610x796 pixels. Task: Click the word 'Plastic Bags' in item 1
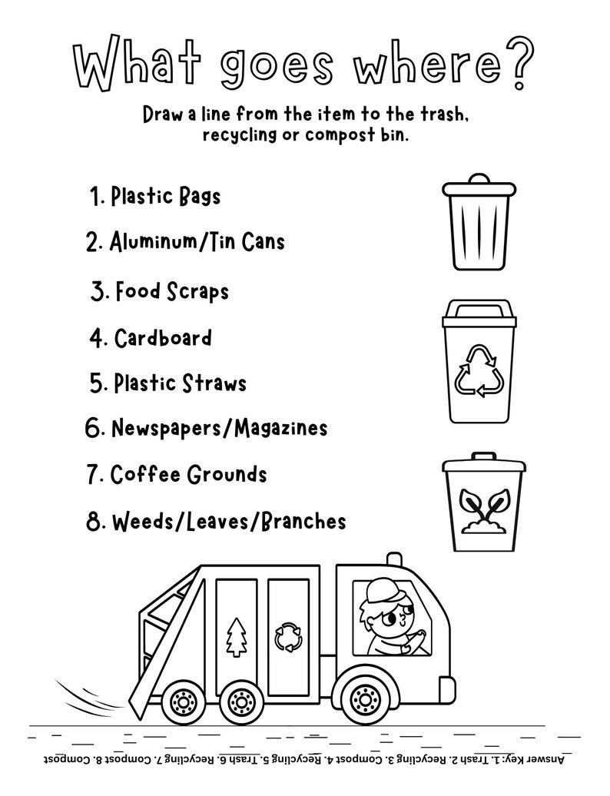tap(165, 197)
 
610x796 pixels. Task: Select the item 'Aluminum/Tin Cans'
tap(197, 242)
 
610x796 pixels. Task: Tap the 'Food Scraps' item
tap(171, 291)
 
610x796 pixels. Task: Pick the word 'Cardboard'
tap(163, 338)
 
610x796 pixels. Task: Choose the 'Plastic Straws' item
tap(180, 383)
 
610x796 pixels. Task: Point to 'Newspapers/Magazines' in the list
tap(219, 428)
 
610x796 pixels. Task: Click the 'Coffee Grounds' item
tap(188, 474)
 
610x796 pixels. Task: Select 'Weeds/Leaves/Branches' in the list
tap(228, 522)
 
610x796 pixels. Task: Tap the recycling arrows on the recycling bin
tap(479, 370)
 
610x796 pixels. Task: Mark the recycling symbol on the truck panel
tap(288, 635)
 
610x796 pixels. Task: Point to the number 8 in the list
tap(95, 522)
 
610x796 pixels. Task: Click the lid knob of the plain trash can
tap(479, 177)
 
